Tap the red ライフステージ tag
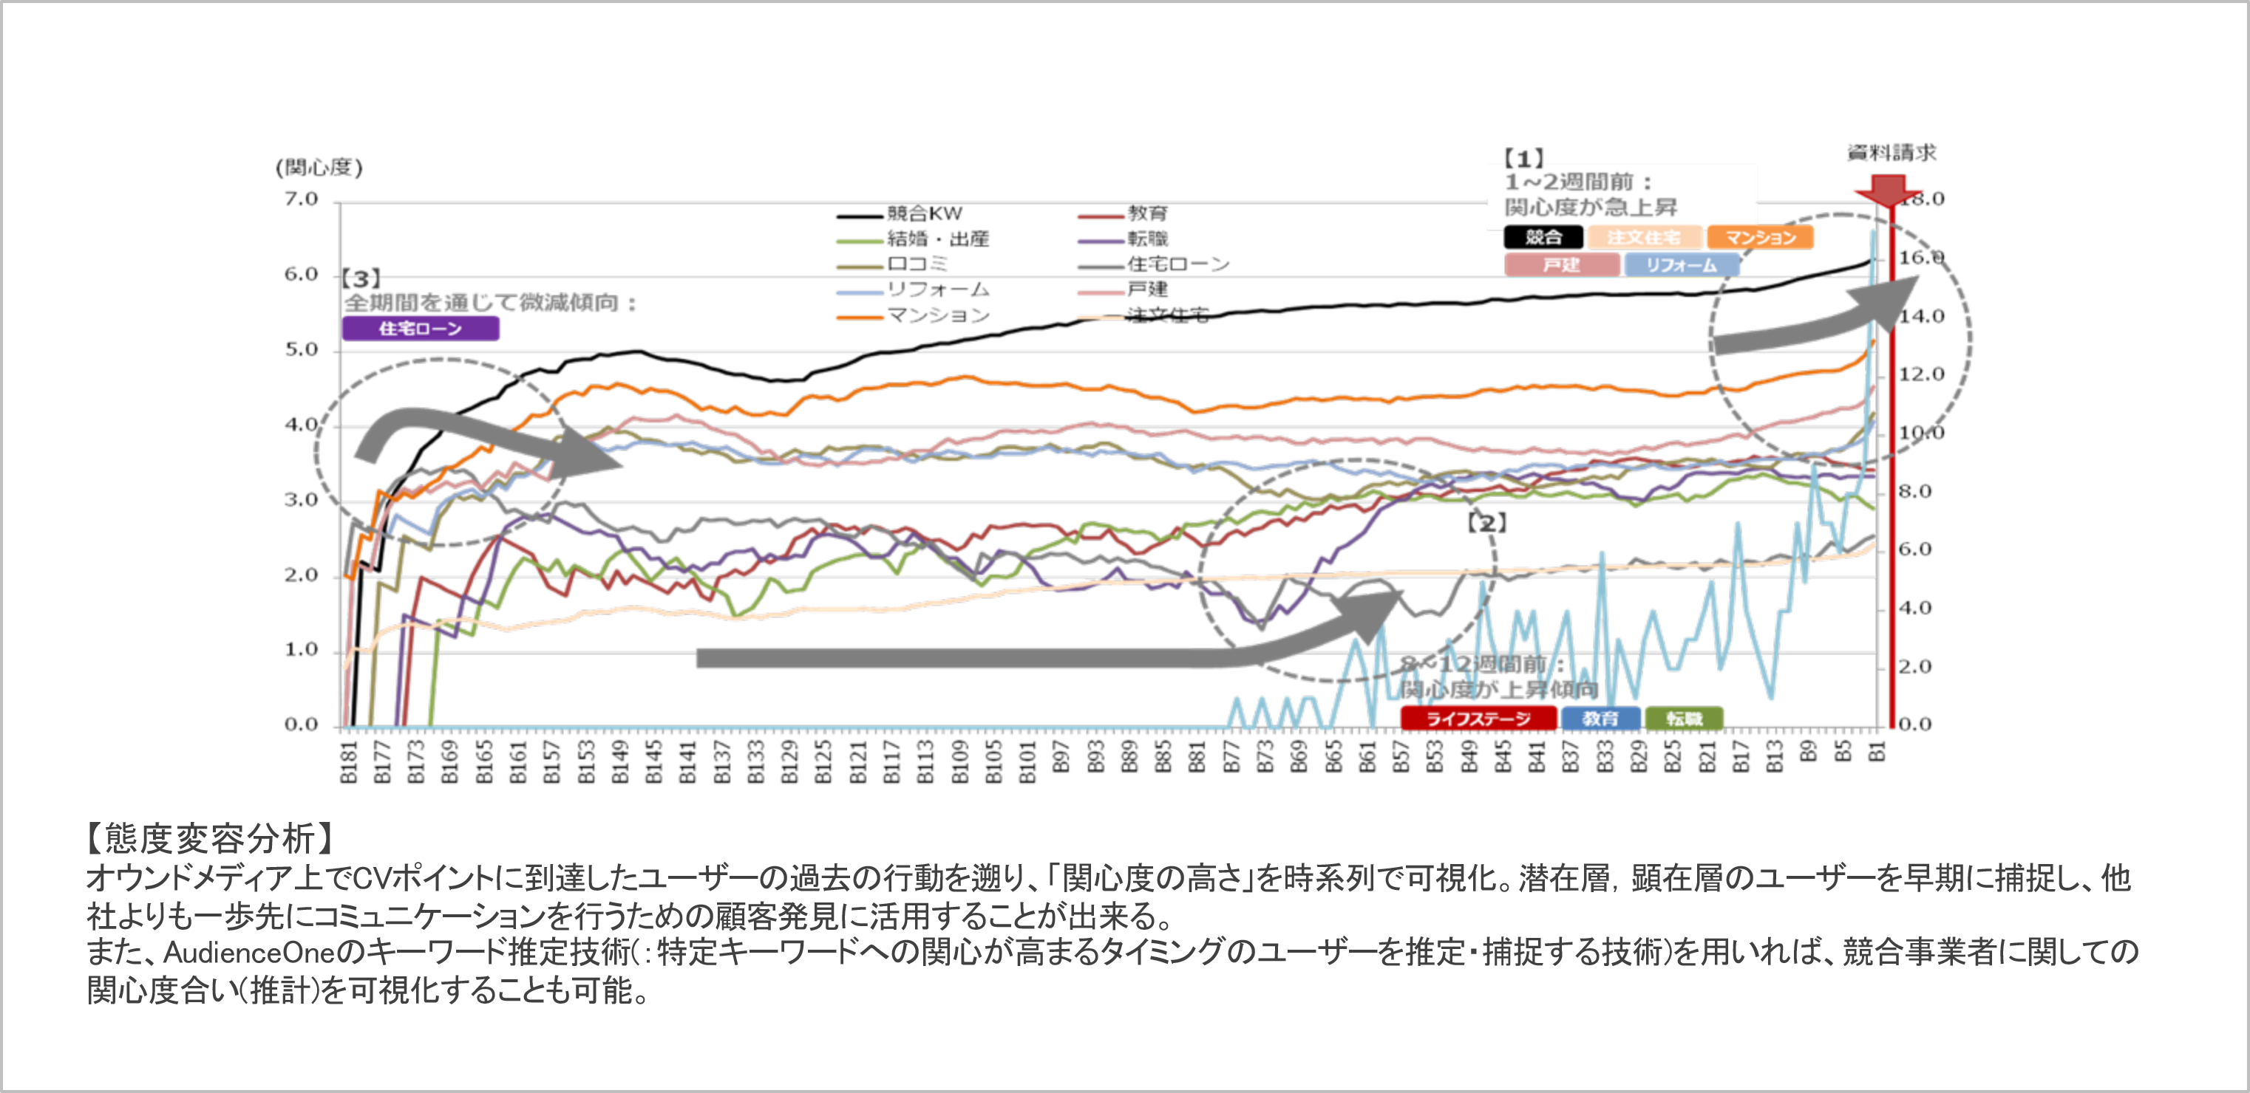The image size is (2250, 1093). tap(1478, 719)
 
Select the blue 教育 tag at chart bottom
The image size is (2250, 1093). tap(1600, 719)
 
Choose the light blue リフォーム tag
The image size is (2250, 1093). tap(1681, 264)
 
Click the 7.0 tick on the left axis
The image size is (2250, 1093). tap(302, 200)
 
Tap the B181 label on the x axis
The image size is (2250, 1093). tap(348, 762)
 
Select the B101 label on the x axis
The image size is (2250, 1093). tap(1027, 762)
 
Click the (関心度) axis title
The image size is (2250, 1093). tap(319, 168)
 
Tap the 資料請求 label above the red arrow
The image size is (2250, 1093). tap(1891, 153)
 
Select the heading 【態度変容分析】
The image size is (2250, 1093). tap(210, 838)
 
